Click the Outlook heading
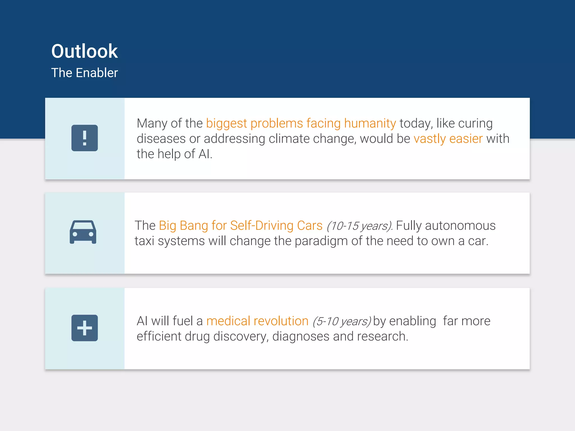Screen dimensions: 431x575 point(84,51)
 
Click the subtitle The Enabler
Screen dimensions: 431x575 point(84,73)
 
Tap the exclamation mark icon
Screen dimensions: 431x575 point(85,138)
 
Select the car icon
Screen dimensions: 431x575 point(83,232)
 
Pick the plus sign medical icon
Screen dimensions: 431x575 point(85,328)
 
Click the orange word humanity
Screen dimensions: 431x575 point(370,123)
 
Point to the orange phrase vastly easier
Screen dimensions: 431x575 point(448,139)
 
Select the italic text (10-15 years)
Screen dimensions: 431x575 point(359,226)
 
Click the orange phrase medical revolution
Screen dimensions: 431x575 point(257,321)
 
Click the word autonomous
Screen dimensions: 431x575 point(460,226)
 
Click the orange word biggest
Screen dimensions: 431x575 point(227,124)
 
